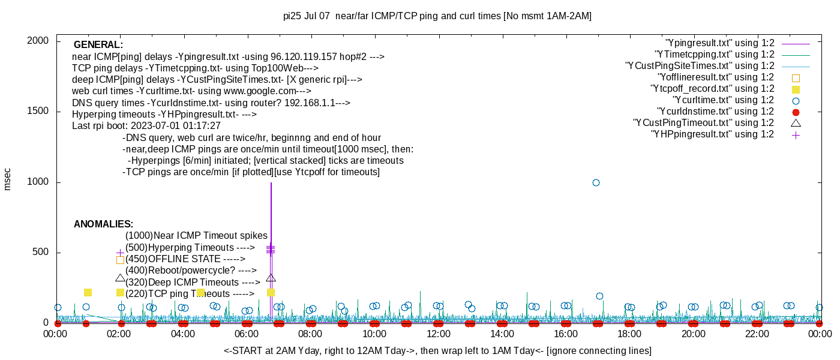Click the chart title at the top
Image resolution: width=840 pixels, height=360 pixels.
click(x=437, y=16)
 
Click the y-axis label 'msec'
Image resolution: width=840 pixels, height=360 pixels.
click(x=8, y=179)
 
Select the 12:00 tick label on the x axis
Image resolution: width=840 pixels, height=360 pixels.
click(x=438, y=334)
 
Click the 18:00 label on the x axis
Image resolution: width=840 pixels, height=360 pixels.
click(x=629, y=334)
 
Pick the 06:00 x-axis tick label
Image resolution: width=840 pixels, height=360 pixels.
click(x=247, y=334)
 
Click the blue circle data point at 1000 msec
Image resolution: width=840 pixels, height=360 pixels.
click(x=596, y=182)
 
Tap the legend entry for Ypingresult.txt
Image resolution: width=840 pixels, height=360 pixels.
click(x=720, y=43)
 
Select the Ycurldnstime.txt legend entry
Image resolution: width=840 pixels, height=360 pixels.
click(x=715, y=112)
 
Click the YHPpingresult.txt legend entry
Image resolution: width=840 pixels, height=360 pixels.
click(x=712, y=134)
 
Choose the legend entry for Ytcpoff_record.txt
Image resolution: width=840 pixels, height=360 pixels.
click(x=712, y=89)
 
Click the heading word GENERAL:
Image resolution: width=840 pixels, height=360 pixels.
click(x=98, y=45)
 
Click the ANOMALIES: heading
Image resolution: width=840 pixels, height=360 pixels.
click(x=103, y=224)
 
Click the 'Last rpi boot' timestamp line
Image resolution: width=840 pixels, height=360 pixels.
click(x=146, y=126)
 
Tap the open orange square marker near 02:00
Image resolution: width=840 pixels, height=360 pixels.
click(x=120, y=260)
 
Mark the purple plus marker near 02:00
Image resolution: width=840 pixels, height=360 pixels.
click(x=120, y=253)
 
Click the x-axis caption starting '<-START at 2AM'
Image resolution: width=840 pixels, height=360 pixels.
click(x=437, y=350)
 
